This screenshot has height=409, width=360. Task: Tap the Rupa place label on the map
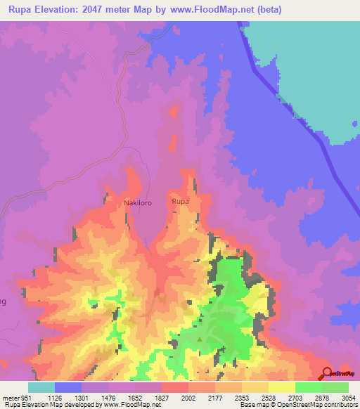[x=181, y=202]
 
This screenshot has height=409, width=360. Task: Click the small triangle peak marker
[x=200, y=339]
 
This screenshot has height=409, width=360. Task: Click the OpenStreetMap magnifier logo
[x=326, y=372]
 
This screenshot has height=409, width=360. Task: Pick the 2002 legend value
[x=188, y=397]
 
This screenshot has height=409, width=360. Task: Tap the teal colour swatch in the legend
[x=41, y=387]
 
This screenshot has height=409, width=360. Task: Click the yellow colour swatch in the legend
[x=281, y=387]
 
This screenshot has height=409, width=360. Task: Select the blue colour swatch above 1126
[x=68, y=387]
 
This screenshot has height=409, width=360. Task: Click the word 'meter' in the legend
[x=11, y=397]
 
